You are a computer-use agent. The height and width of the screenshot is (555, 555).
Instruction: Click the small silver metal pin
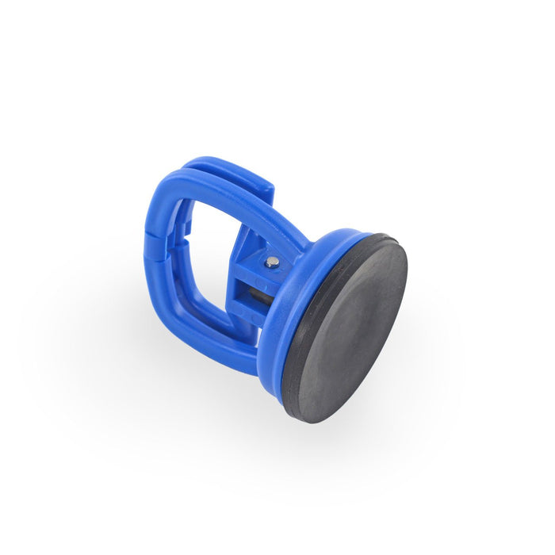[272, 262]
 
